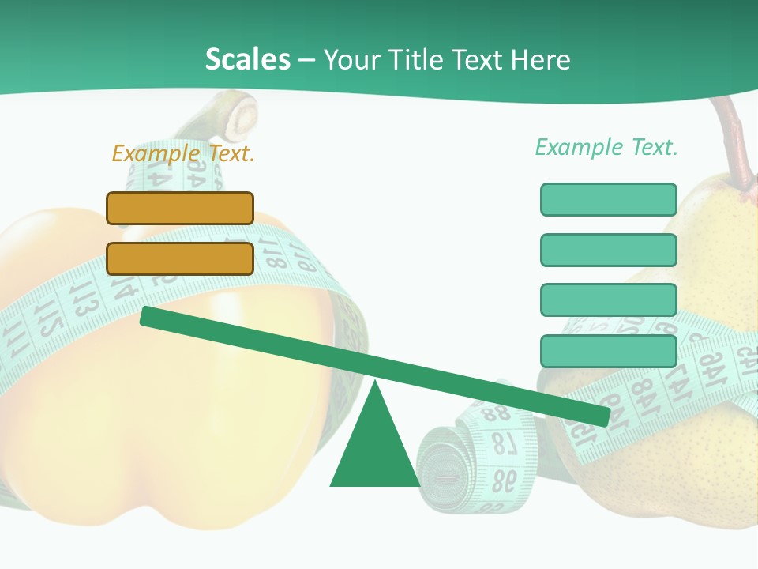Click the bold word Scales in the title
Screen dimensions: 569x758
pos(247,59)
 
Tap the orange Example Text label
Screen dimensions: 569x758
pos(183,153)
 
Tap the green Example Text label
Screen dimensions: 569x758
pos(606,147)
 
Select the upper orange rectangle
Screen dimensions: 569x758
pos(180,208)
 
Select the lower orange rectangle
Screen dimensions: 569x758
pos(180,258)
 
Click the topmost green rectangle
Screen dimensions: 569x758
pos(608,199)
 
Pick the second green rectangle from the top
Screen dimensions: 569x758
pos(608,250)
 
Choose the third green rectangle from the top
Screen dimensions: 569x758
pos(608,300)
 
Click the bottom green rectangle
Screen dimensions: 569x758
pos(608,351)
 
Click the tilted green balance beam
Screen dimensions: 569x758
pos(374,367)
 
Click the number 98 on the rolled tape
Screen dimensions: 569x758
pos(505,478)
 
